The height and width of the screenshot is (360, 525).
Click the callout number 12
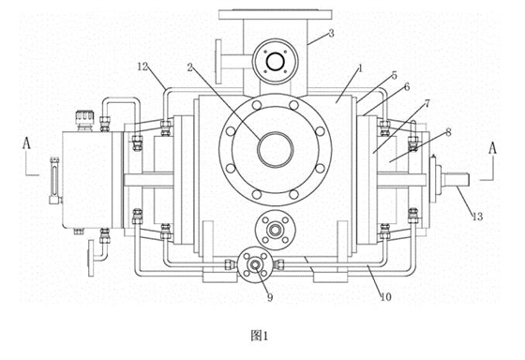[142, 67]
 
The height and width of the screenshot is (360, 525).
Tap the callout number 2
[190, 68]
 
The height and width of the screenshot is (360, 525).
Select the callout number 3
[331, 33]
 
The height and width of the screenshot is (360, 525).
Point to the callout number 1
[360, 68]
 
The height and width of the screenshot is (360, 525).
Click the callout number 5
[395, 76]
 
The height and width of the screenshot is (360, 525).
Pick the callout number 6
[407, 87]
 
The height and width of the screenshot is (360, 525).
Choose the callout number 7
[427, 104]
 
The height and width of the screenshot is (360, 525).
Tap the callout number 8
[448, 132]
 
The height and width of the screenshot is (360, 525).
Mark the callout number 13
[478, 217]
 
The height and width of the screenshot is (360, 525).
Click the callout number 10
[385, 296]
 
